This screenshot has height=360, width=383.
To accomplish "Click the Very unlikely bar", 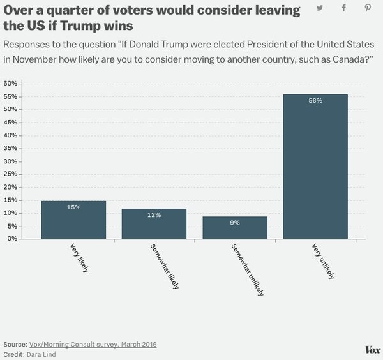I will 315,167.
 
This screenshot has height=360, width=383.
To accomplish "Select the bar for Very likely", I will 73,220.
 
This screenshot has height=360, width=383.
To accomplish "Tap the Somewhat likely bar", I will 154,223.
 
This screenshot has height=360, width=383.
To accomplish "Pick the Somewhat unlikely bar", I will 234,227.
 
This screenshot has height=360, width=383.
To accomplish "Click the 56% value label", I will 315,101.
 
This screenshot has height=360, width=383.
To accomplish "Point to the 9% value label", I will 234,223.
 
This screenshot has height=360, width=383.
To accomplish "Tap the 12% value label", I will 154,215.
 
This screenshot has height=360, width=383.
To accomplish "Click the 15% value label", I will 73,207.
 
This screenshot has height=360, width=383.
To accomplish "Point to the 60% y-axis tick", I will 10,83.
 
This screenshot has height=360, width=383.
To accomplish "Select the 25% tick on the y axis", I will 10,174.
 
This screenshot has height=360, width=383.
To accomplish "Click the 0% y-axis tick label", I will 11,239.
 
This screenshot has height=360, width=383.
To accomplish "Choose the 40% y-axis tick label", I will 10,135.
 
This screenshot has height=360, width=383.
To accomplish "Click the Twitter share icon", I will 319,8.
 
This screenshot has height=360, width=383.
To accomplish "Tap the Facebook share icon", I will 343,8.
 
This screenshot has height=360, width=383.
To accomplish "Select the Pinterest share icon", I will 368,8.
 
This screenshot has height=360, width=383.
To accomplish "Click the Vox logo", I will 372,350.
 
